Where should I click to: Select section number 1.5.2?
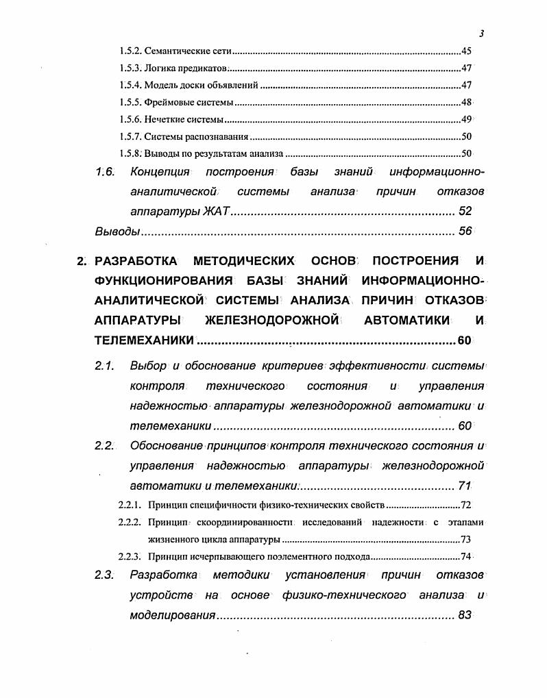click(x=130, y=51)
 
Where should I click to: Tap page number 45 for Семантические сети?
click(x=467, y=51)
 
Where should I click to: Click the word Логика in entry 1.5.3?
click(x=158, y=68)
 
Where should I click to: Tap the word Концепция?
click(x=160, y=172)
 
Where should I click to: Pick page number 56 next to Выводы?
click(x=465, y=232)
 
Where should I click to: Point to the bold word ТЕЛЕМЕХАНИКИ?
click(x=144, y=340)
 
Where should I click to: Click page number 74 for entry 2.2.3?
click(x=467, y=557)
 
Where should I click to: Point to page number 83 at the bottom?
click(x=465, y=615)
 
